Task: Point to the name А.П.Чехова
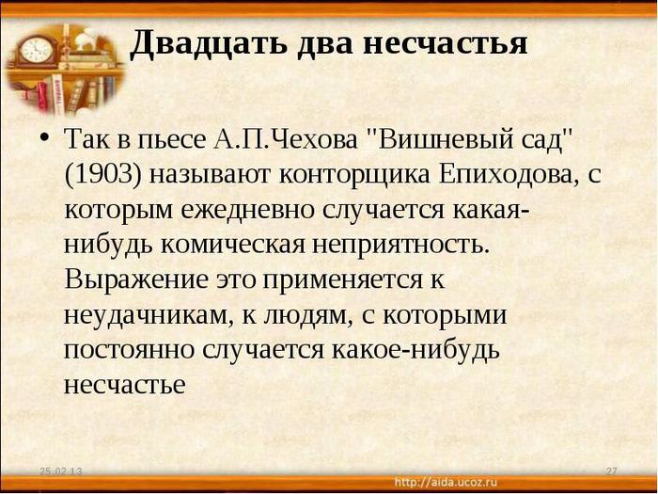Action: [x=285, y=140]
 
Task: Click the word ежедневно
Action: [x=247, y=210]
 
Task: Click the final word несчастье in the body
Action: [x=125, y=385]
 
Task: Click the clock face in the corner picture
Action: [x=37, y=50]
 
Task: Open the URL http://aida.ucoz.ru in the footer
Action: [x=446, y=482]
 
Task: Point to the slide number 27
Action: [x=611, y=471]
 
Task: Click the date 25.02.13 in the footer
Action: [x=61, y=471]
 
